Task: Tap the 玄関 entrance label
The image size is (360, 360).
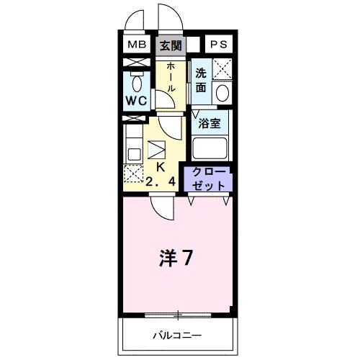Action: click(x=171, y=45)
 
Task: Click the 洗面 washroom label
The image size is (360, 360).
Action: click(x=201, y=80)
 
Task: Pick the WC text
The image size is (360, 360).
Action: click(x=138, y=101)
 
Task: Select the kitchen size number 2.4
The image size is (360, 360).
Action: click(x=161, y=180)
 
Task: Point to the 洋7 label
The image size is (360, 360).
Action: click(x=175, y=257)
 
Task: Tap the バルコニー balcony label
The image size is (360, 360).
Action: click(x=176, y=336)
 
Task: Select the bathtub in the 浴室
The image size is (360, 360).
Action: click(x=210, y=148)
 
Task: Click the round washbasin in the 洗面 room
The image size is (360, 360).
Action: click(x=222, y=94)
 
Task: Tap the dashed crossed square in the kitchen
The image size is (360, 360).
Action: click(x=132, y=174)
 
